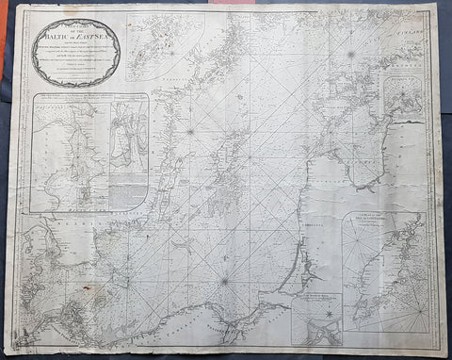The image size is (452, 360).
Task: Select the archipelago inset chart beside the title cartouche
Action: [166, 47]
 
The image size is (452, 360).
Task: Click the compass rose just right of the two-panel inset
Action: [189, 131]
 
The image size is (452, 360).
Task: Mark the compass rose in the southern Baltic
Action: [224, 279]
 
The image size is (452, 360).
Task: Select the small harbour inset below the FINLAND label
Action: [406, 106]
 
